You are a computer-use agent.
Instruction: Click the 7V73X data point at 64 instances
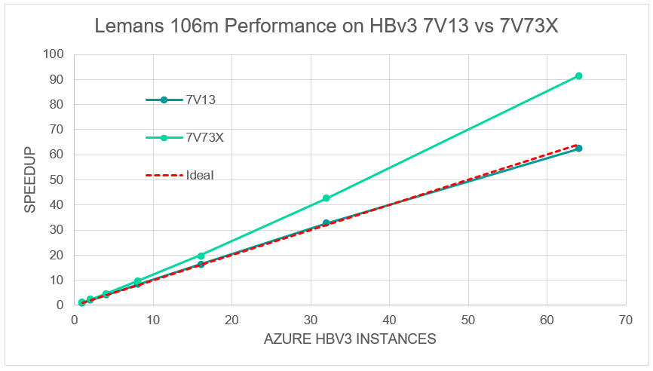[x=578, y=76]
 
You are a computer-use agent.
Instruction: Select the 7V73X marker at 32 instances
[x=326, y=198]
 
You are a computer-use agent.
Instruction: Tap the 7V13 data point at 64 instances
[x=578, y=149]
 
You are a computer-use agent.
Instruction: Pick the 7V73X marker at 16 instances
[x=201, y=256]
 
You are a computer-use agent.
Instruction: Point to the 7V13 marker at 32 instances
[x=326, y=223]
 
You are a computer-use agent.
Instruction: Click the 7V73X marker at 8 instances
[x=137, y=281]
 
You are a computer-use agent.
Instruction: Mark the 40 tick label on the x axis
[x=389, y=320]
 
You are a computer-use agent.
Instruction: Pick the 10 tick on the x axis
[x=153, y=320]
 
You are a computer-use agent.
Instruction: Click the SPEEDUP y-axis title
[x=29, y=179]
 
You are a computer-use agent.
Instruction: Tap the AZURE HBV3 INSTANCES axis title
[x=350, y=339]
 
